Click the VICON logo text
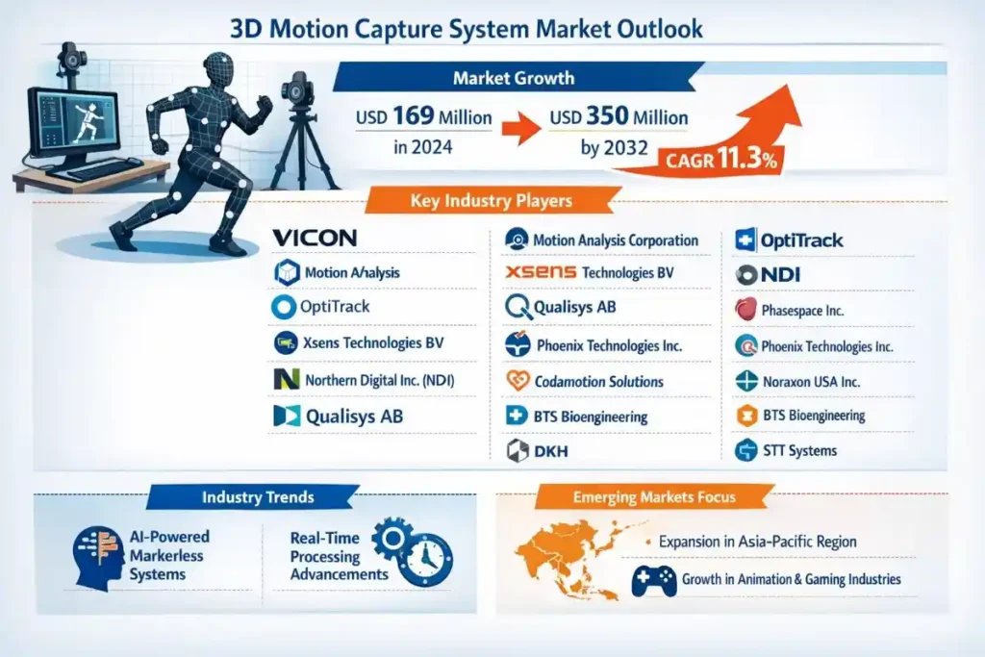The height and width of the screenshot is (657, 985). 315,238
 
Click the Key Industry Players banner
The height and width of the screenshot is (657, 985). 491,201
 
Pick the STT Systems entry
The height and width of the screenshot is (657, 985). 798,450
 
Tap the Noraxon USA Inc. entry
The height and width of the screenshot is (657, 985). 810,381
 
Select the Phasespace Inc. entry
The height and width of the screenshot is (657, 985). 801,311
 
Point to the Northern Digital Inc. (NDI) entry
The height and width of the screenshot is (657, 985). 378,380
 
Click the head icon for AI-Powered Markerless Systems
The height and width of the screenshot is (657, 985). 96,556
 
